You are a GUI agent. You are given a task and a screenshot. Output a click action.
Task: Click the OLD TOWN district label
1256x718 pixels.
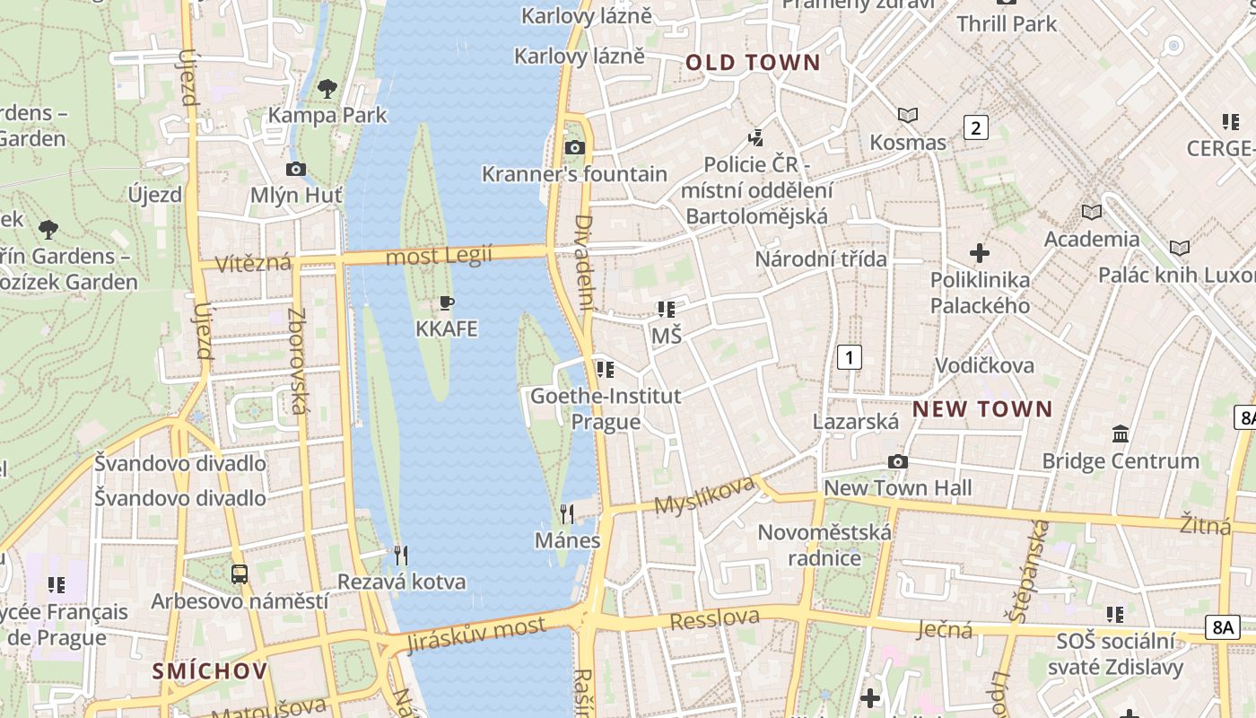753,63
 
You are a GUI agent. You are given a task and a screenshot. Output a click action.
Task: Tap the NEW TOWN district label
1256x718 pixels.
982,409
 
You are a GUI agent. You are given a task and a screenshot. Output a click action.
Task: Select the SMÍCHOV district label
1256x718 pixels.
210,671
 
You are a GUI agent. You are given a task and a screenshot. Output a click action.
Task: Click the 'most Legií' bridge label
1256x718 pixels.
440,257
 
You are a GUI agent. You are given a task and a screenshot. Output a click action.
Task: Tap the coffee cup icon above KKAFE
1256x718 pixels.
446,302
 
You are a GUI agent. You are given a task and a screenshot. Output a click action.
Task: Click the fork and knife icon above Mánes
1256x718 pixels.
567,513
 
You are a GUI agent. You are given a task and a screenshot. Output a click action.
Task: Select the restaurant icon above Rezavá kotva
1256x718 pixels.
401,556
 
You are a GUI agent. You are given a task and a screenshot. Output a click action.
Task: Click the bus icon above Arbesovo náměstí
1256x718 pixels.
240,574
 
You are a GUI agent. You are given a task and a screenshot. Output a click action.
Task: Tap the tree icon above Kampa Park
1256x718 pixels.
327,88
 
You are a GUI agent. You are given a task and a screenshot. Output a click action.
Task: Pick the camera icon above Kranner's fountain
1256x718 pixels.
575,147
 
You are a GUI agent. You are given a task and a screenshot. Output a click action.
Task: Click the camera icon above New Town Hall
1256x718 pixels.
897,461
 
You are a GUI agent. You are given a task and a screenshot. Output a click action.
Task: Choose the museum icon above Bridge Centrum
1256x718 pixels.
1121,434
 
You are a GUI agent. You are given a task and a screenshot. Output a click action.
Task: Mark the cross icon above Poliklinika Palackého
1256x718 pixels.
980,253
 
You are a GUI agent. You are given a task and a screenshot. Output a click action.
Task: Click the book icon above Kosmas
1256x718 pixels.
908,115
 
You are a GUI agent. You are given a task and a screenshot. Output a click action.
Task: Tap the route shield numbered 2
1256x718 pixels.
975,127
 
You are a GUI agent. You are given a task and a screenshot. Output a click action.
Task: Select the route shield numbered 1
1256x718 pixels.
849,357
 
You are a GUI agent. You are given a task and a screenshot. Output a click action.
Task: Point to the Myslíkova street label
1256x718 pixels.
704,495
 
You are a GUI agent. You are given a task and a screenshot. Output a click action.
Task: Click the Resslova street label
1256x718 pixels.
715,619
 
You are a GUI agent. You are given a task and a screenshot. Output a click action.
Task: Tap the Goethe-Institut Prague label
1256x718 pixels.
606,408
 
